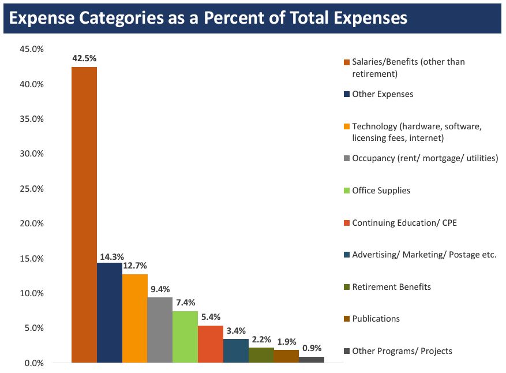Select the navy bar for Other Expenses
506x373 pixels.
(x=110, y=312)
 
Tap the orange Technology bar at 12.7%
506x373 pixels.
(x=135, y=318)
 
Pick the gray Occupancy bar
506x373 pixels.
(x=160, y=330)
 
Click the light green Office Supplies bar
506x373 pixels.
(x=185, y=337)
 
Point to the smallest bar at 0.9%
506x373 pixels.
(x=312, y=360)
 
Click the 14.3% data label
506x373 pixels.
(x=110, y=256)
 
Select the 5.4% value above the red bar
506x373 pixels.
(x=211, y=318)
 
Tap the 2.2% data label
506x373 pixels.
(x=261, y=340)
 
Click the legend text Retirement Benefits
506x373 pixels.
(x=391, y=286)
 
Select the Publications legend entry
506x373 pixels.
(x=376, y=319)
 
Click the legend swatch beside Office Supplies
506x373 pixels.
(x=347, y=191)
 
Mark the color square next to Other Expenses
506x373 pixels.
(x=347, y=94)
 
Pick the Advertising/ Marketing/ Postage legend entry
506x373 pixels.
(x=424, y=255)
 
